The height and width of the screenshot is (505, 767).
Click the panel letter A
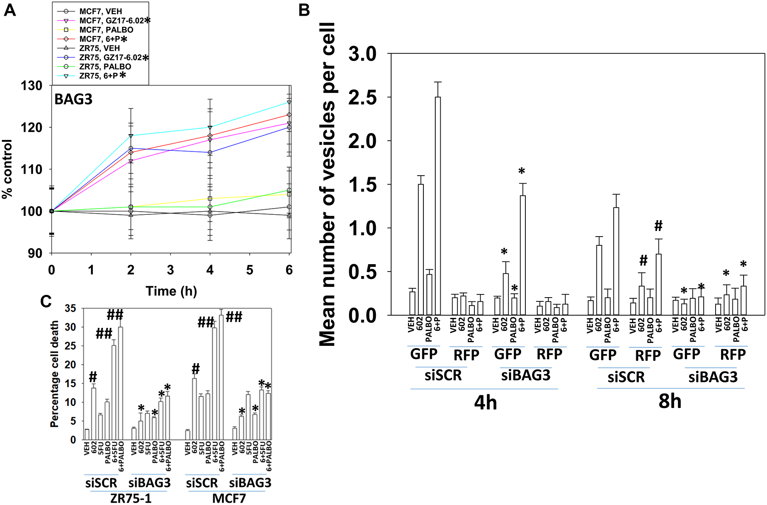pyautogui.click(x=10, y=10)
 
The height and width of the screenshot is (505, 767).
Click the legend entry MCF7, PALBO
pyautogui.click(x=106, y=30)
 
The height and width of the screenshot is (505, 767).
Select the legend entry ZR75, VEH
pyautogui.click(x=99, y=48)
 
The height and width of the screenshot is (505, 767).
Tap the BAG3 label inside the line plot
pyautogui.click(x=73, y=99)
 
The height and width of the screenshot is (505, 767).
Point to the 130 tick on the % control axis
pyautogui.click(x=32, y=86)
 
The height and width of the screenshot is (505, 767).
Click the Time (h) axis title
pyautogui.click(x=171, y=291)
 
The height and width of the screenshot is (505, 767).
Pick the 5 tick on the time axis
pyautogui.click(x=250, y=270)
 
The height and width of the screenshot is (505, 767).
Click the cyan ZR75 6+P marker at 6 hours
pyautogui.click(x=289, y=102)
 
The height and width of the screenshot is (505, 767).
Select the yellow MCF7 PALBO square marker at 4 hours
pyautogui.click(x=210, y=199)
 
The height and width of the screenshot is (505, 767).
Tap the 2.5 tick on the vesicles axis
pyautogui.click(x=362, y=97)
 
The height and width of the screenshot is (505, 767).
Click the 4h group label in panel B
pyautogui.click(x=485, y=403)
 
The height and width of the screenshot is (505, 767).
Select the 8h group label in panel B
pyautogui.click(x=670, y=401)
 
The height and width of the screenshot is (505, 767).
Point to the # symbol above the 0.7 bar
pyautogui.click(x=658, y=226)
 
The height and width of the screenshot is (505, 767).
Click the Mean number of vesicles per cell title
pyautogui.click(x=328, y=184)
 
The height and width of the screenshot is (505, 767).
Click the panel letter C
pyautogui.click(x=46, y=301)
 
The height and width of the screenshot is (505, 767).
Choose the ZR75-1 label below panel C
pyautogui.click(x=130, y=498)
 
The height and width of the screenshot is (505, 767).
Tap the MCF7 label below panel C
pyautogui.click(x=229, y=498)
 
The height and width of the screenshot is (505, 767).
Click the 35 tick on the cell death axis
pyautogui.click(x=71, y=309)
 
